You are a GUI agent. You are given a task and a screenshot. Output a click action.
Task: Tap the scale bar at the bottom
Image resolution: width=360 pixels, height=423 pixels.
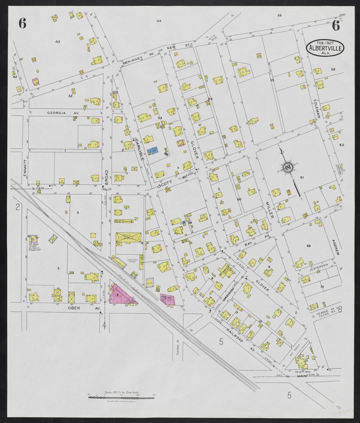(x=121, y=397)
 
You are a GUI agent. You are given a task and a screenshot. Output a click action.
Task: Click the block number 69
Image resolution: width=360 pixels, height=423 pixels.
(x=308, y=246)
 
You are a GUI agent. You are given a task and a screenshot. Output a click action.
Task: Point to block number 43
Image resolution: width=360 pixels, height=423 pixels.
(x=58, y=42)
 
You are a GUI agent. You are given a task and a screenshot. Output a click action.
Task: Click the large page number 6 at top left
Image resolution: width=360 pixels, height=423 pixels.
(x=22, y=24)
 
